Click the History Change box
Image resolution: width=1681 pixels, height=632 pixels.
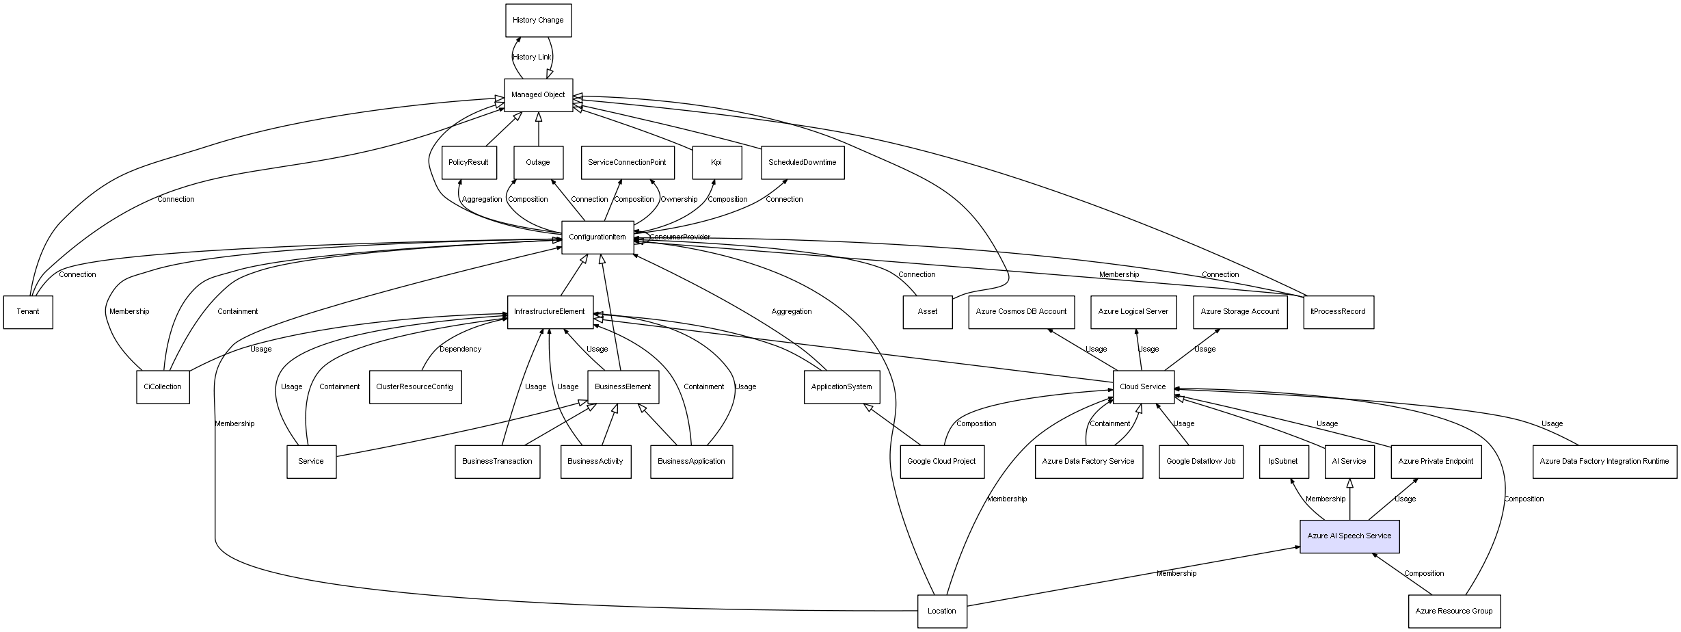pyautogui.click(x=538, y=21)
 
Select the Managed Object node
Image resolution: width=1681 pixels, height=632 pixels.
pyautogui.click(x=538, y=95)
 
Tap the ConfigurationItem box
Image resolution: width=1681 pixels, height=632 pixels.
pyautogui.click(x=597, y=237)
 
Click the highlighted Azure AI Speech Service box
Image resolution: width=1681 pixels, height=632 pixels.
pyautogui.click(x=1349, y=536)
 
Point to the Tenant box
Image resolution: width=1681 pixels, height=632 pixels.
pyautogui.click(x=28, y=312)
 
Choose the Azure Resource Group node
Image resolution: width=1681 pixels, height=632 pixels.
pyautogui.click(x=1453, y=611)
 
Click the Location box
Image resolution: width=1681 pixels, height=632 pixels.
pyautogui.click(x=941, y=611)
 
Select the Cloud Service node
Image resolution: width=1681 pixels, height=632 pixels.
pyautogui.click(x=1143, y=387)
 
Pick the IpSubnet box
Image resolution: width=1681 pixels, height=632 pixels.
pyautogui.click(x=1283, y=462)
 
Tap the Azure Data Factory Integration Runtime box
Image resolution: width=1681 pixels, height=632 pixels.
pyautogui.click(x=1604, y=462)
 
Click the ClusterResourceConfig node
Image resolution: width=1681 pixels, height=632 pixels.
pyautogui.click(x=415, y=387)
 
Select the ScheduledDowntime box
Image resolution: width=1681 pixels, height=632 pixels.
pyautogui.click(x=802, y=163)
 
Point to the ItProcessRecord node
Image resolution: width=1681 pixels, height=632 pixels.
pyautogui.click(x=1338, y=312)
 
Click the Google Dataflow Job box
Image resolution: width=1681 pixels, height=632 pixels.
pyautogui.click(x=1200, y=462)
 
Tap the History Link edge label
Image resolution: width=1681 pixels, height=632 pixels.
pyautogui.click(x=532, y=57)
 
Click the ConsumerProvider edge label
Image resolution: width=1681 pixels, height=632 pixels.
pyautogui.click(x=680, y=237)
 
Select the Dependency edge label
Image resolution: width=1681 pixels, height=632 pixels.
pyautogui.click(x=460, y=350)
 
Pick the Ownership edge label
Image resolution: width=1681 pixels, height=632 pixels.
pyautogui.click(x=679, y=200)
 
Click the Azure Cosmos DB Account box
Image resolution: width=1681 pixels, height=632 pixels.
pyautogui.click(x=1021, y=312)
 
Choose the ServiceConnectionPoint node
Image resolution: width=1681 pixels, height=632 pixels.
pyautogui.click(x=627, y=163)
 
